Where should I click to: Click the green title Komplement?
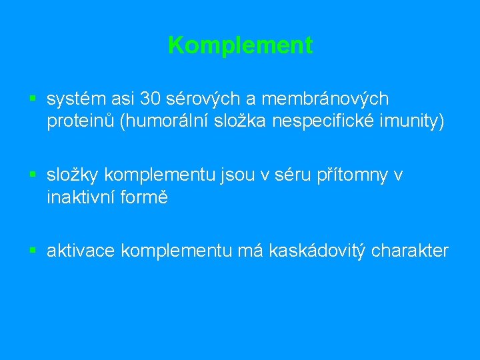coord(240,45)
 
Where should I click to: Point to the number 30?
coord(151,99)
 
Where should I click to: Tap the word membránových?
coord(325,99)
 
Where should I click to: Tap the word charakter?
coord(411,251)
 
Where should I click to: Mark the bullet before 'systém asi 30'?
coord(33,99)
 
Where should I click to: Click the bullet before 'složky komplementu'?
coord(33,175)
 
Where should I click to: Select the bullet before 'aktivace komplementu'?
coord(33,251)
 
